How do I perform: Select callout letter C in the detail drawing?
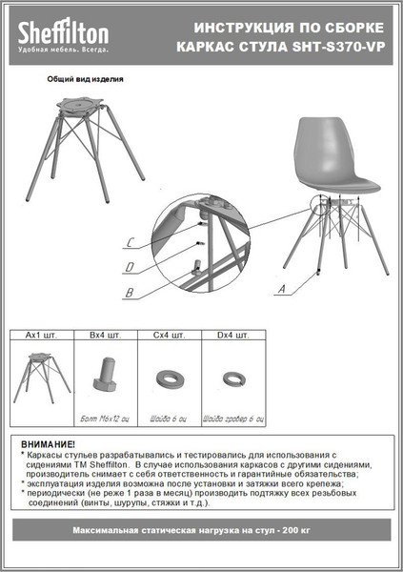(x=130, y=242)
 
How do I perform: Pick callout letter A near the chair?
(x=281, y=287)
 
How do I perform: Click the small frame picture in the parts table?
(x=41, y=375)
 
